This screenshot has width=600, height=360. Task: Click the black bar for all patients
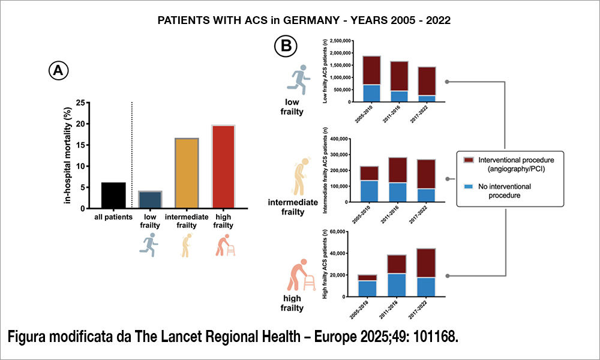(113, 193)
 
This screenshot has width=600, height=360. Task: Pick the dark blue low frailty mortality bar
(150, 198)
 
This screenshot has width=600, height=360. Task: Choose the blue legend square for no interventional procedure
(469, 187)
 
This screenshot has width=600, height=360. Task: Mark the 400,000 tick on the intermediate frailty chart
(339, 139)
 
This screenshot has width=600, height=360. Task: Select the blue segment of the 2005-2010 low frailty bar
(371, 93)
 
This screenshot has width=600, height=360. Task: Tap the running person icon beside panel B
(299, 80)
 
